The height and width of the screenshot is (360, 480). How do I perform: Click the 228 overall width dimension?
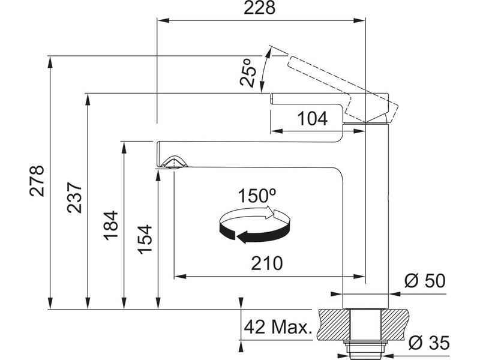click(259, 8)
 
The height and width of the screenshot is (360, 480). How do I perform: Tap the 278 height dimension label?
click(37, 181)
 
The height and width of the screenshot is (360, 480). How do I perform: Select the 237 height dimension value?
click(74, 198)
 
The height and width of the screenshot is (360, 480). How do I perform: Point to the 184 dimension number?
click(110, 226)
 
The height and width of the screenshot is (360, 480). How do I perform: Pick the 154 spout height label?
click(145, 239)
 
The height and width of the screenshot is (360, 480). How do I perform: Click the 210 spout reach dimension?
click(266, 263)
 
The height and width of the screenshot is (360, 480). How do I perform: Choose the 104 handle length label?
click(312, 118)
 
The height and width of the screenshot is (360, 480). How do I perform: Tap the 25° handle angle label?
click(248, 72)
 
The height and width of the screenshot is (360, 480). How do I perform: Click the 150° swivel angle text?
click(257, 196)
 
